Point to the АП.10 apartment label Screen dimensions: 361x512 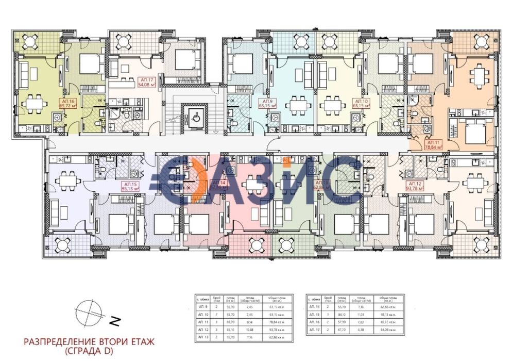pyautogui.click(x=359, y=103)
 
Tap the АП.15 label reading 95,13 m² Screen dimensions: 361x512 pyautogui.click(x=131, y=186)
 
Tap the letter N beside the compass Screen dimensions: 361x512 pyautogui.click(x=116, y=322)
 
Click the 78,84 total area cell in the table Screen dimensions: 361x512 pyautogui.click(x=277, y=320)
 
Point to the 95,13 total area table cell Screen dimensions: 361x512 pyautogui.click(x=388, y=312)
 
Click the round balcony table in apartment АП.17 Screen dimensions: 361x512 pyautogui.click(x=124, y=41)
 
